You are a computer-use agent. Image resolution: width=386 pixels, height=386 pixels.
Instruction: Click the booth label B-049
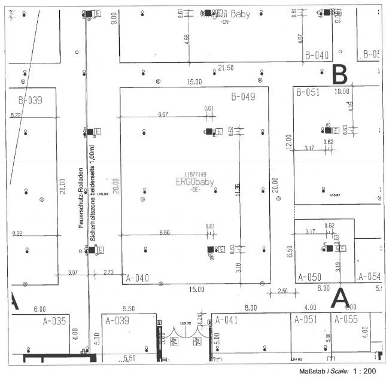point(244,96)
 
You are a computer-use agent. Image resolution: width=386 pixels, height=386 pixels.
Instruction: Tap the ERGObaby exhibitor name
point(194,182)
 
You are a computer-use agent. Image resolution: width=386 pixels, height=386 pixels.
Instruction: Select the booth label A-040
point(138,278)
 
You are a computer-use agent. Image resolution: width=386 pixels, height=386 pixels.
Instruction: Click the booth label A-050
point(310,278)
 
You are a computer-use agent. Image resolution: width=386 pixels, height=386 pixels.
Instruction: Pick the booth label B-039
point(30,100)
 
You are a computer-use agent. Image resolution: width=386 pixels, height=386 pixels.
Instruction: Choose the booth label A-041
point(227,320)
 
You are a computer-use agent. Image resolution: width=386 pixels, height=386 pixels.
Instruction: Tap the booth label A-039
point(118,321)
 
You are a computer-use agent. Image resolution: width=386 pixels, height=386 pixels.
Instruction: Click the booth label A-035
point(54,321)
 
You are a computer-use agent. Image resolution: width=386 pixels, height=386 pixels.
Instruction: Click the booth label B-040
point(317,55)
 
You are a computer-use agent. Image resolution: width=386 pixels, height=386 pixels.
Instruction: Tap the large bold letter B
point(340,75)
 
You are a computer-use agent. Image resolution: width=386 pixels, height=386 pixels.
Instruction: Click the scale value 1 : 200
point(364,372)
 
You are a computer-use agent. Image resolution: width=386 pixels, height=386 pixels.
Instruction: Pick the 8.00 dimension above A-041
point(251,308)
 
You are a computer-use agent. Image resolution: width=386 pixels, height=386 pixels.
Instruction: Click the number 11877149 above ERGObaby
point(194,174)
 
